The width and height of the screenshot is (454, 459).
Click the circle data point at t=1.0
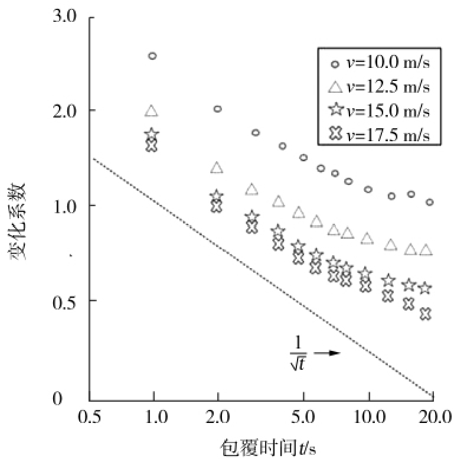[x=152, y=56]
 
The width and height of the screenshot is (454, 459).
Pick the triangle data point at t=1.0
[x=152, y=111]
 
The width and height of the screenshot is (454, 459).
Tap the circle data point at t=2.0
[x=217, y=109]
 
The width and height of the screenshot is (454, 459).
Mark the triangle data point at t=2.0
[x=217, y=168]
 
